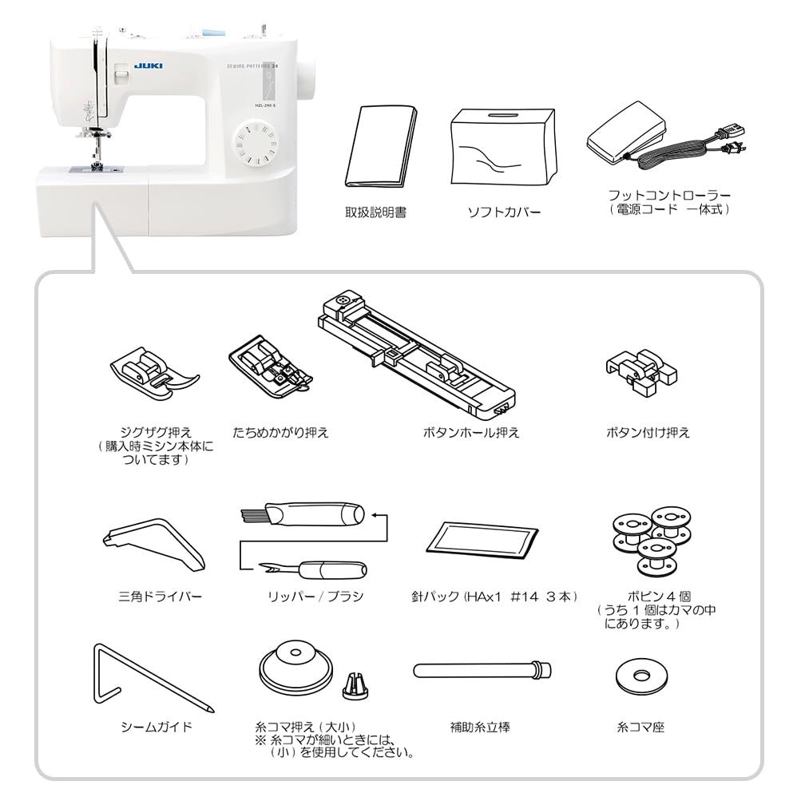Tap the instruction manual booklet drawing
[x=379, y=145]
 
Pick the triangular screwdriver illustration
[x=155, y=547]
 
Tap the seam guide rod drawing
[x=148, y=679]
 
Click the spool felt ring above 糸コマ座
[x=640, y=677]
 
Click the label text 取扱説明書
[x=375, y=213]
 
